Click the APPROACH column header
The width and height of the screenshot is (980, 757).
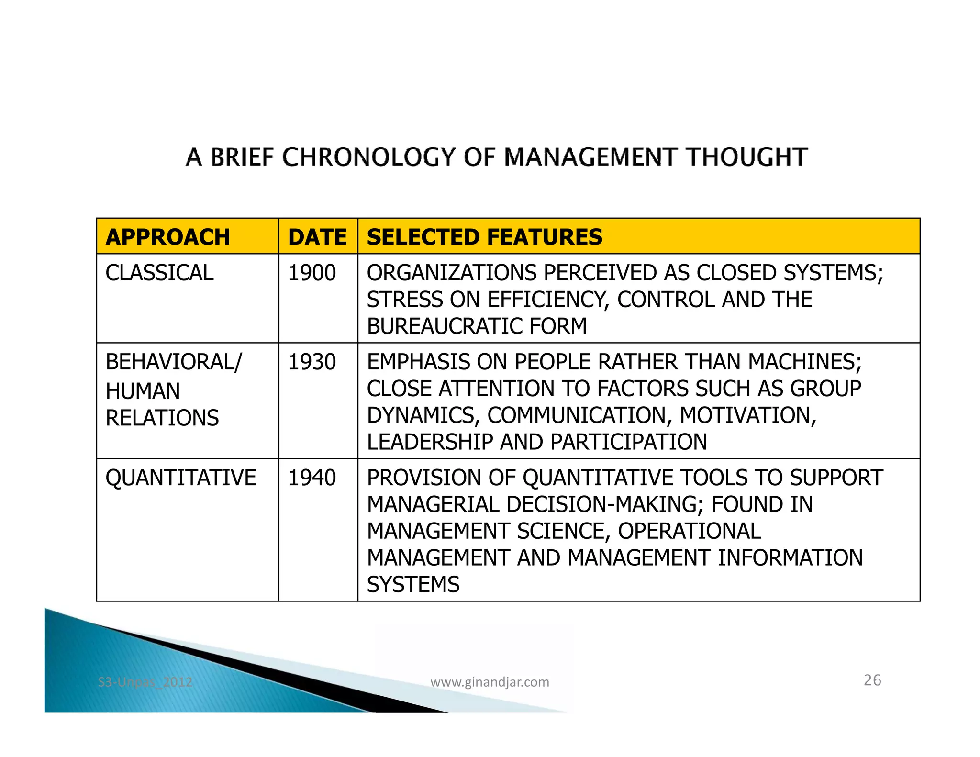coord(167,237)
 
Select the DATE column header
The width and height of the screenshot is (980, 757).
coord(317,237)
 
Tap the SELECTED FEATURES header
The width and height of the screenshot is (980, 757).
coord(484,237)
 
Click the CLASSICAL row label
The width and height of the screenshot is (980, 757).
coord(159,273)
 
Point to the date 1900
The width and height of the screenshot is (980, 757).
coord(312,273)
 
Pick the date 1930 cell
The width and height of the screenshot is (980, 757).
coord(312,362)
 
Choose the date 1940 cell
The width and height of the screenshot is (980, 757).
coord(312,478)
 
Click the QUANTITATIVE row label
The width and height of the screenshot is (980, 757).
coord(180,478)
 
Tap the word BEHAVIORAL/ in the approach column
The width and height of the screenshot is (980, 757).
coord(174,362)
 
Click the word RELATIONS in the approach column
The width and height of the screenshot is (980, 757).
coord(162,418)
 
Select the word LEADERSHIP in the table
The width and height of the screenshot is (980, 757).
coord(430,442)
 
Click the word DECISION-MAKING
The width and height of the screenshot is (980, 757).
coord(604,505)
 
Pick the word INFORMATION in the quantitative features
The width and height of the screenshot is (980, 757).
coord(790,558)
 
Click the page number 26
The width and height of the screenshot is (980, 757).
coord(872,680)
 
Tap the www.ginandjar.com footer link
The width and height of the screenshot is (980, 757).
coord(490,682)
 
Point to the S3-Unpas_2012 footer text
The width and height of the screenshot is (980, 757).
coord(145,682)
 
